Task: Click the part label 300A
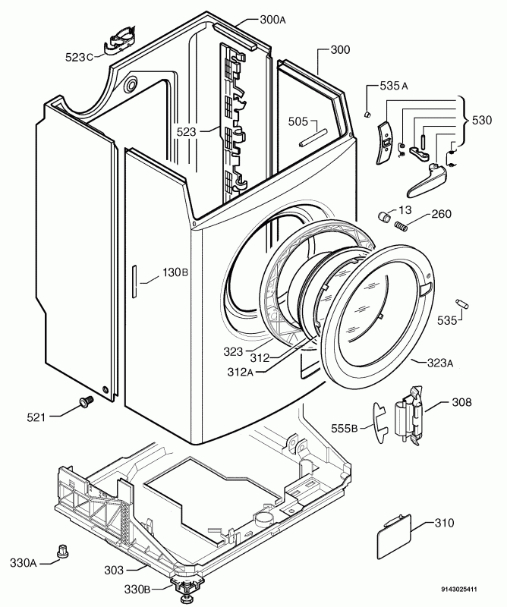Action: coord(251,20)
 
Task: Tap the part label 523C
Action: coord(79,56)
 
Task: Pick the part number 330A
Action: coord(23,562)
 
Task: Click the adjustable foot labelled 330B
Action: coord(184,585)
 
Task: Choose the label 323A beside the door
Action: coord(439,363)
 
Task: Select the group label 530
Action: coord(481,121)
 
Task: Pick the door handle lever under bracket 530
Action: coord(424,180)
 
